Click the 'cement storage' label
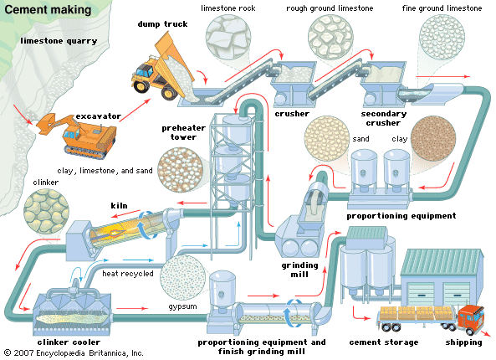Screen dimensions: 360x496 coord(381,342)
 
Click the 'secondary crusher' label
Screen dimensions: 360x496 coord(386,118)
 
